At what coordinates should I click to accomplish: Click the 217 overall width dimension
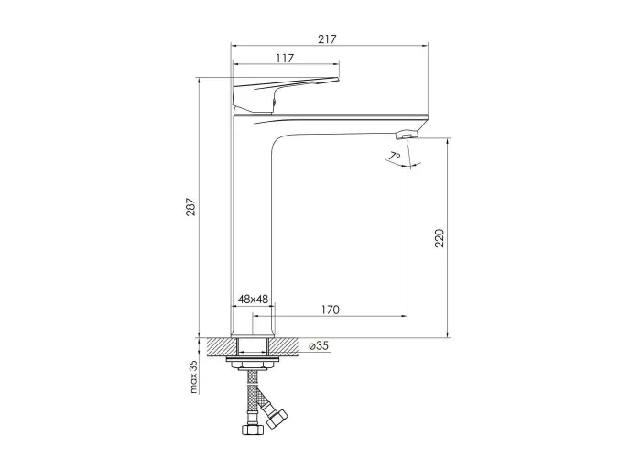point(327,39)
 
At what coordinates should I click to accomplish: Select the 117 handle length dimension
point(285,59)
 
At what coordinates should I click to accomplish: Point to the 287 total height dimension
point(190,207)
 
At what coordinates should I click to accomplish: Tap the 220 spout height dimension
point(440,238)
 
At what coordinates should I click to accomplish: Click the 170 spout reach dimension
point(330,310)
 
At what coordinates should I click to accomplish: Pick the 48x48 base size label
point(253,300)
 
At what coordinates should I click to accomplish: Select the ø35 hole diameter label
point(319,346)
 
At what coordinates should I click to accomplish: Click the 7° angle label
point(395,156)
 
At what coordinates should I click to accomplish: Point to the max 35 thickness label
point(194,376)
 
